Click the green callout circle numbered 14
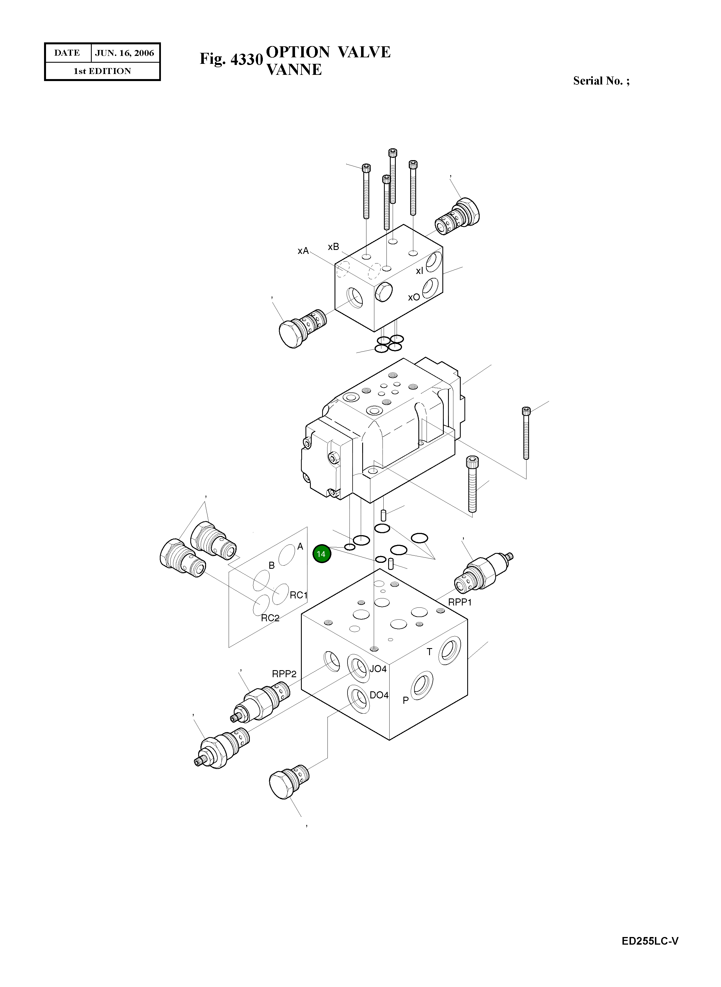322,554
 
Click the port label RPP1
460,602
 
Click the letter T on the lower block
429,652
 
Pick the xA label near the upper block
303,251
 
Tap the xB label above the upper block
333,247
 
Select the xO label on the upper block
414,297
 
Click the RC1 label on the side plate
299,595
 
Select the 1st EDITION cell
102,71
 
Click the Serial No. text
601,81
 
